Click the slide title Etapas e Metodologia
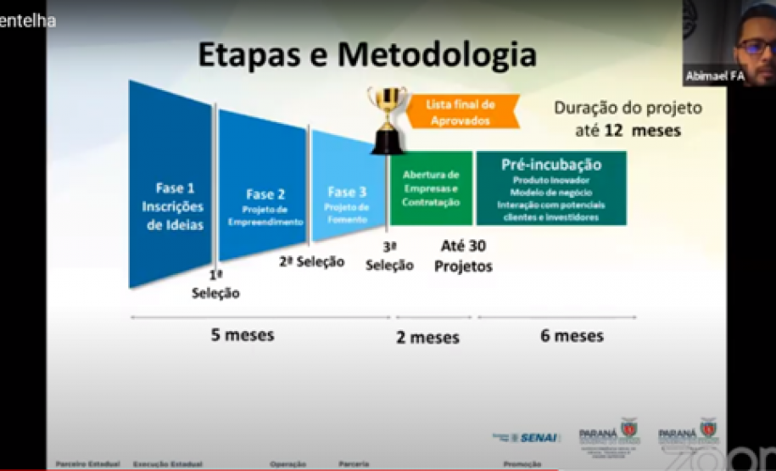(x=366, y=55)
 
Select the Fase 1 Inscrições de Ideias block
(x=174, y=205)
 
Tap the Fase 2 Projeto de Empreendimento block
(x=265, y=206)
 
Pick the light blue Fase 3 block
(x=347, y=204)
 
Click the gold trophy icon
(x=387, y=117)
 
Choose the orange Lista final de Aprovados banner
(x=462, y=112)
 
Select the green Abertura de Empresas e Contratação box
(x=431, y=188)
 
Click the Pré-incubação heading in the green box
(x=551, y=165)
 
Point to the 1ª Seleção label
(x=215, y=285)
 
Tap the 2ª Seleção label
(x=312, y=261)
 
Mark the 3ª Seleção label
(x=389, y=256)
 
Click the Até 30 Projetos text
(x=463, y=255)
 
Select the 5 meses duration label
(x=243, y=334)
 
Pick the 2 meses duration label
(x=427, y=338)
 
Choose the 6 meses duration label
(x=572, y=335)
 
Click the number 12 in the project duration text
(x=615, y=131)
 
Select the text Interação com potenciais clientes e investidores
(x=551, y=211)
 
